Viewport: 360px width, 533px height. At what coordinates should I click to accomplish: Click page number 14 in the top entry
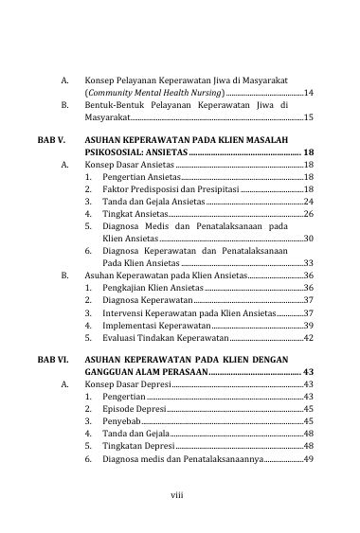pyautogui.click(x=308, y=94)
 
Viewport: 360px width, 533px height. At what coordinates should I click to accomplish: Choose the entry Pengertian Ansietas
pyautogui.click(x=139, y=177)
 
